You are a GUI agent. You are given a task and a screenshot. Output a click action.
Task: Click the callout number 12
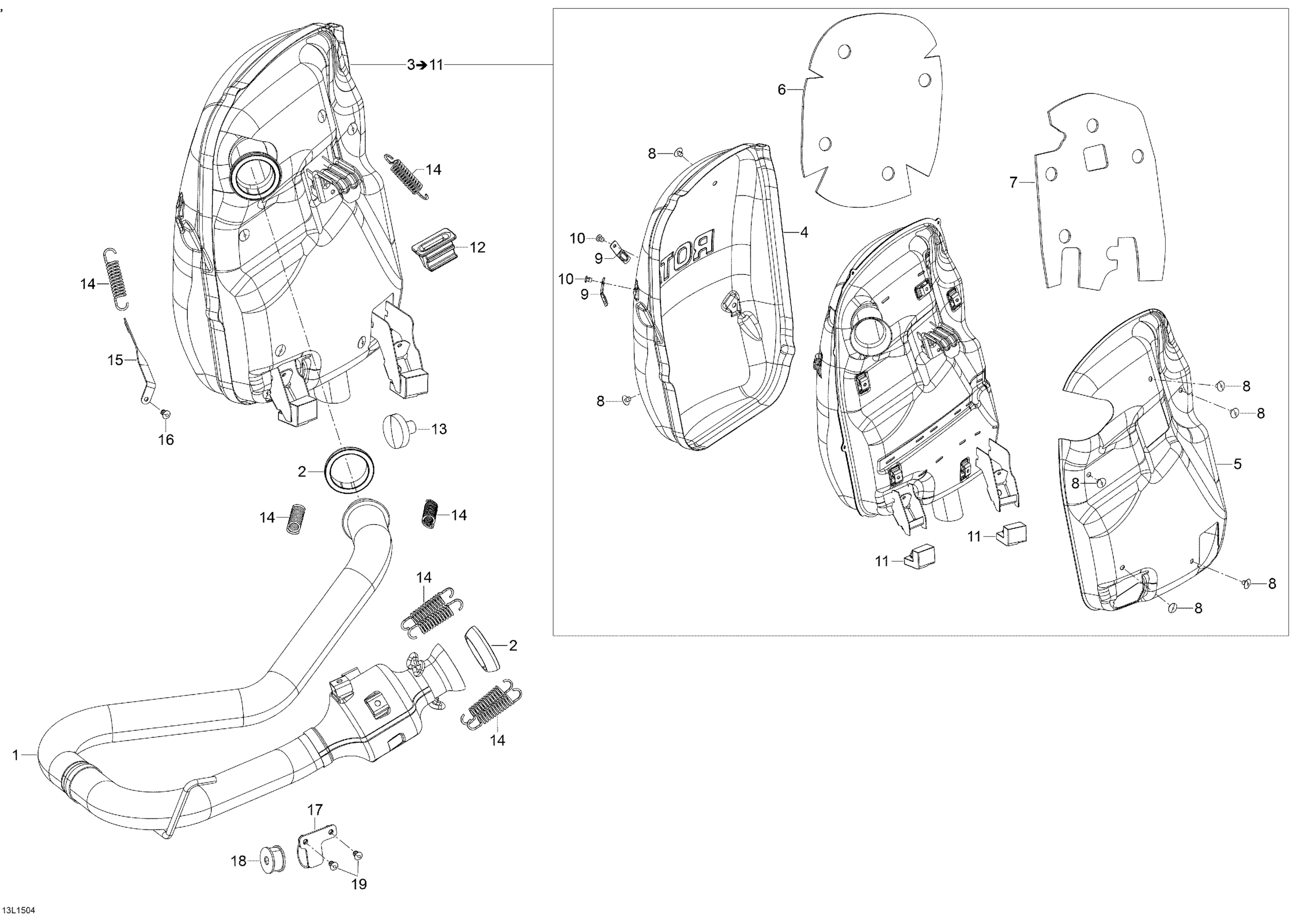pyautogui.click(x=477, y=248)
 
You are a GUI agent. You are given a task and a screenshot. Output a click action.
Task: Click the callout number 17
pyautogui.click(x=315, y=811)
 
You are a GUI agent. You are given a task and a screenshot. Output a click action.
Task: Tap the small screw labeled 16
pyautogui.click(x=165, y=414)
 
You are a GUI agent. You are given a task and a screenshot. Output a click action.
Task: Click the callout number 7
pyautogui.click(x=1013, y=183)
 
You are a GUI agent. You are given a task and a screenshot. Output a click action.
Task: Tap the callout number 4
pyautogui.click(x=804, y=232)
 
